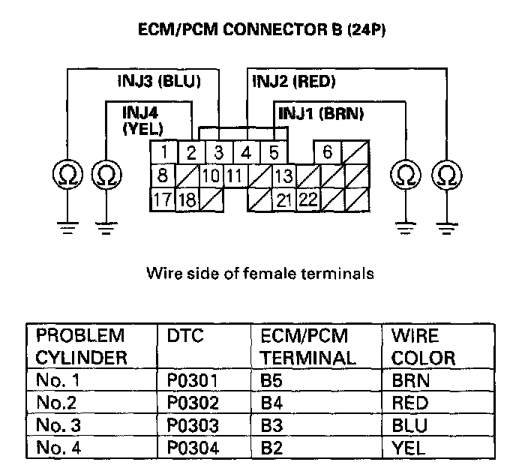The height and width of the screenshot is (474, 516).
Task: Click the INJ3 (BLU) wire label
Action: pyautogui.click(x=158, y=80)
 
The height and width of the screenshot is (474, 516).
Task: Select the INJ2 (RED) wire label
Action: pyautogui.click(x=293, y=80)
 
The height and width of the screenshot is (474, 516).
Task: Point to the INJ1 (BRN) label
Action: pyautogui.click(x=320, y=114)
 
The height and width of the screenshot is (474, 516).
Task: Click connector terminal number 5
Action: pyautogui.click(x=274, y=153)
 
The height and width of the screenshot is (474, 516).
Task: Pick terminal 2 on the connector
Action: pyautogui.click(x=191, y=153)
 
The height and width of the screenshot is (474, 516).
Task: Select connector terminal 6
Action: pyautogui.click(x=327, y=152)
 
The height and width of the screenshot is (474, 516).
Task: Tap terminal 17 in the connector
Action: pyautogui.click(x=162, y=200)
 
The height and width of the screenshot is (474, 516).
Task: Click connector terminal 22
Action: pyautogui.click(x=307, y=200)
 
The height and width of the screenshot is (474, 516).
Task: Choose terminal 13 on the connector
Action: pyautogui.click(x=283, y=177)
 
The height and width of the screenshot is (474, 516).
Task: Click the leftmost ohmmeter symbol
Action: pyautogui.click(x=67, y=175)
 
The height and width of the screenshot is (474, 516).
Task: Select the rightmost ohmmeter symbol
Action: pyautogui.click(x=447, y=175)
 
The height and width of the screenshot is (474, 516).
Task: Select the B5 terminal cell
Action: pyautogui.click(x=272, y=380)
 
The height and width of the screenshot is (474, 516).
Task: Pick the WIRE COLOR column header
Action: pyautogui.click(x=423, y=346)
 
